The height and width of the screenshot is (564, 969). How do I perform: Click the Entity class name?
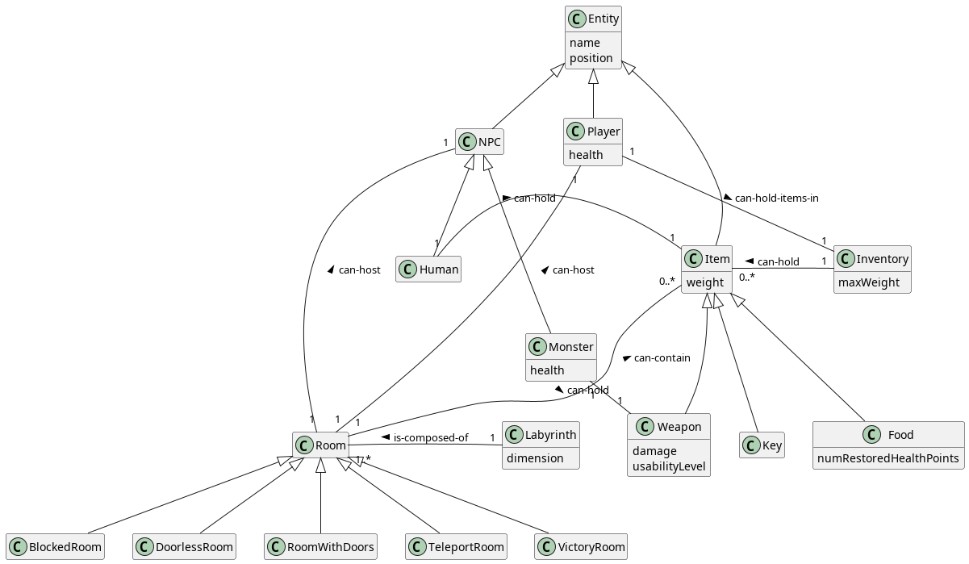pos(604,19)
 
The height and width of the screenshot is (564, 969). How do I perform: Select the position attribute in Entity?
pos(591,58)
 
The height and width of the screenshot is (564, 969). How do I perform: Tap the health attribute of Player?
pos(586,155)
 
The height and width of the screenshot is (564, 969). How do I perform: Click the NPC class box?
pos(481,143)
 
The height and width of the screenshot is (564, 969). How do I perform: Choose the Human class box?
pos(428,269)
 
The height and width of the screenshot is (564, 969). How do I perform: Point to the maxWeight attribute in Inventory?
pos(869,282)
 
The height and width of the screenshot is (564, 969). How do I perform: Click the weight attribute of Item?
pos(705,282)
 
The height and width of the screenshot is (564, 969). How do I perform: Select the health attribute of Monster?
pos(547,370)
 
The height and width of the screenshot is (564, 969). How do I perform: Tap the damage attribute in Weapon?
pos(654,451)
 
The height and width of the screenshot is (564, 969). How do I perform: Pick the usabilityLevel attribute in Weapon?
pos(669,466)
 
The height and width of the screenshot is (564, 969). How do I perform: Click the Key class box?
pos(762,445)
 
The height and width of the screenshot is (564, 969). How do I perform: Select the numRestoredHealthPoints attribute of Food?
pos(888,458)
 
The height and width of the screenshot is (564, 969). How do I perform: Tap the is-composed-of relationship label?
pos(430,438)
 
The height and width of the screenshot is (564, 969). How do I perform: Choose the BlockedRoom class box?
pos(56,547)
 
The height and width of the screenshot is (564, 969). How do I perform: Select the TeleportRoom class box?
pos(457,547)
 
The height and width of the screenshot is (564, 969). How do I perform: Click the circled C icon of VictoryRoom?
pos(546,547)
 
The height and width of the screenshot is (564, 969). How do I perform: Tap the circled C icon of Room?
pos(304,445)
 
